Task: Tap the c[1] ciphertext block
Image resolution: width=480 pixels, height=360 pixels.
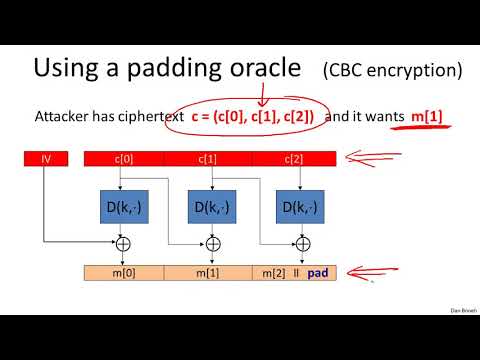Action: [210, 157]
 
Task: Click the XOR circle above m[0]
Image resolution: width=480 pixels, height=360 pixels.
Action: [124, 243]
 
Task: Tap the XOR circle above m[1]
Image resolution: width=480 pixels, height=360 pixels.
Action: [212, 243]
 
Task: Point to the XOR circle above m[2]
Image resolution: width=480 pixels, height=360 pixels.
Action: [300, 243]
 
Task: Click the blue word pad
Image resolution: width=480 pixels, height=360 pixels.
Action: [318, 272]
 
